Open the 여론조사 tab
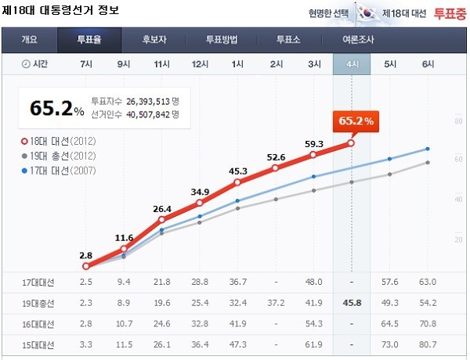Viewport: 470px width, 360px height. pos(360,40)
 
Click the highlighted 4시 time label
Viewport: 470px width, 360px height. pos(352,64)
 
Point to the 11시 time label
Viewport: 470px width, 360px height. pos(161,64)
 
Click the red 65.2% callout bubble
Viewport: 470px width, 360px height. pos(356,121)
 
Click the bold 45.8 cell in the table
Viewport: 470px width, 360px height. pos(352,301)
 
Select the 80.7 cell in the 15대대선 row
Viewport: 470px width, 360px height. pos(428,343)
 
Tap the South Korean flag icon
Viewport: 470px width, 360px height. pos(367,13)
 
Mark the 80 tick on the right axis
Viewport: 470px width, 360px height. pos(458,121)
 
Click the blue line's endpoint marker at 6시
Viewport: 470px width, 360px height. pos(428,149)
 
